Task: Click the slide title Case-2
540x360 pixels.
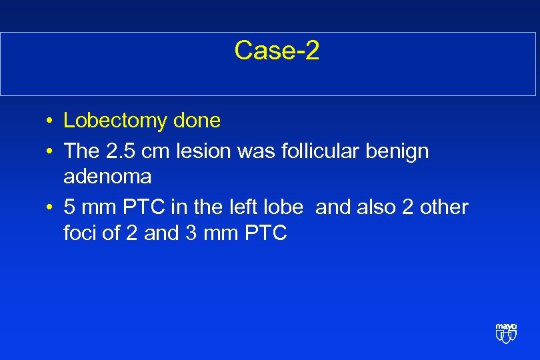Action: (277, 51)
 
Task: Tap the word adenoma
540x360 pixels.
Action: (107, 177)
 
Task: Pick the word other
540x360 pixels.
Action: (446, 207)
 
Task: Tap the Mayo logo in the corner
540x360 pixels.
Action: (506, 333)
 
